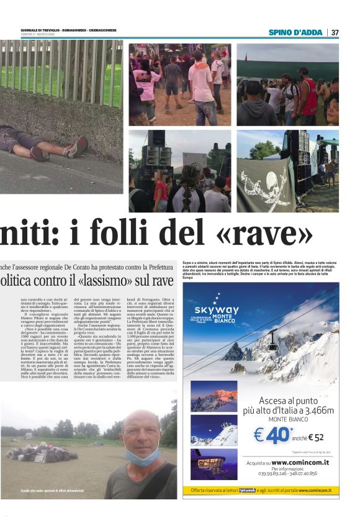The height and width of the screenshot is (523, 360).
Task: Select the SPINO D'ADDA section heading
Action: point(295,32)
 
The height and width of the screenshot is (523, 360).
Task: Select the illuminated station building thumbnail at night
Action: point(214,463)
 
